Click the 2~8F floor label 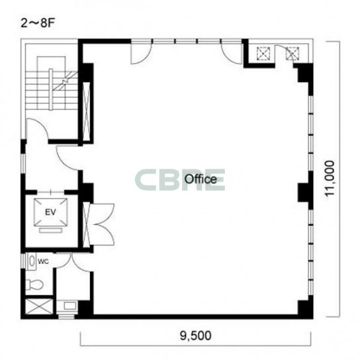point(38,23)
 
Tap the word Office point(201,179)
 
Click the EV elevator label point(50,212)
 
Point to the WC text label point(44,261)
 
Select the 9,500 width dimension point(196,336)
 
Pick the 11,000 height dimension point(330,178)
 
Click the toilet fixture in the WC point(34,285)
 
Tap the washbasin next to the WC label point(32,261)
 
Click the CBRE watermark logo point(180,180)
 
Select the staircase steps point(51,91)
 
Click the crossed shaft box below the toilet point(39,306)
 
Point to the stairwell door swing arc point(41,123)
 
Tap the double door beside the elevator point(101,224)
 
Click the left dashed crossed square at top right point(264,54)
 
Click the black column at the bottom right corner point(305,308)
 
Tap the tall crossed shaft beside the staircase point(86,111)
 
